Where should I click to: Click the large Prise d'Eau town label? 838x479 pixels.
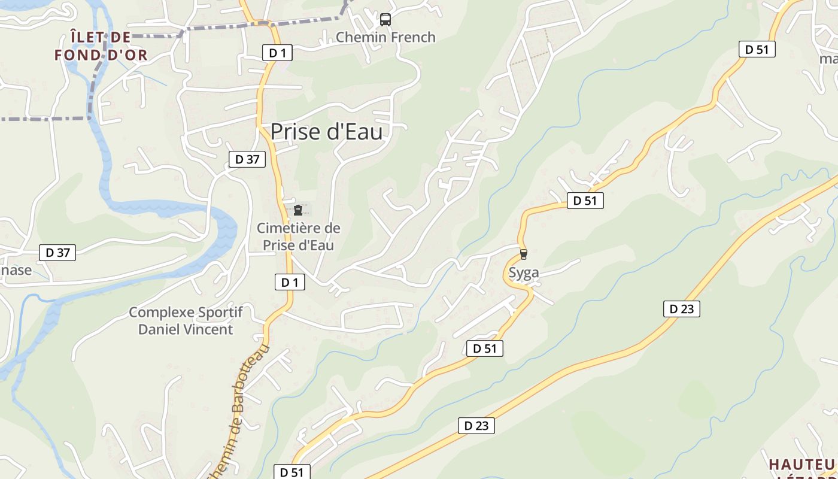click(326, 132)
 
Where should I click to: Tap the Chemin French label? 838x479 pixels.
click(385, 37)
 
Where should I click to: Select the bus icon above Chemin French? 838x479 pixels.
click(385, 20)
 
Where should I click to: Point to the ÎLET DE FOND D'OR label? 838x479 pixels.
click(101, 46)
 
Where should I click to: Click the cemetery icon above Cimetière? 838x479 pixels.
click(297, 210)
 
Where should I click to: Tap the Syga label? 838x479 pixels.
click(524, 273)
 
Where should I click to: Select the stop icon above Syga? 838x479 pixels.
click(524, 254)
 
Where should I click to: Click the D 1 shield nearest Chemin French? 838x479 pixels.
click(278, 53)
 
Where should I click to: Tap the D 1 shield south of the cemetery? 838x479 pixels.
click(290, 282)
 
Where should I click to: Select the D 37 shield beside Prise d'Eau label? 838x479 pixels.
click(247, 159)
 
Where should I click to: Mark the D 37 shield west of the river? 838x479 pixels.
click(58, 253)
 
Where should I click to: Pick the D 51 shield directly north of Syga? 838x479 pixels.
click(585, 201)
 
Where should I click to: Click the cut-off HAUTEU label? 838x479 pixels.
click(802, 465)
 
